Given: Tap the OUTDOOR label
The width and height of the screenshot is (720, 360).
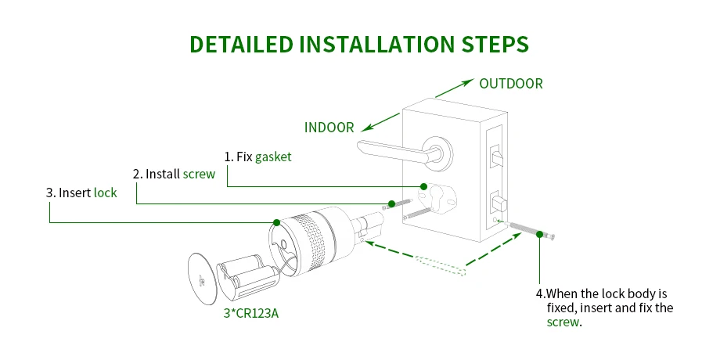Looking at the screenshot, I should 510,84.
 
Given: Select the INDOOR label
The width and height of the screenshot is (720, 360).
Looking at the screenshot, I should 329,127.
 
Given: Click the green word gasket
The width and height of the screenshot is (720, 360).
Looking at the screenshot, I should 273,157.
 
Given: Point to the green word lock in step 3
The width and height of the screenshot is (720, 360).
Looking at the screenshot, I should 105,192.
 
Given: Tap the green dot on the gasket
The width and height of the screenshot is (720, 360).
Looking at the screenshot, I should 423,186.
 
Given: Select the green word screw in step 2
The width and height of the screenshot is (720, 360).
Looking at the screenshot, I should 199,174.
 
